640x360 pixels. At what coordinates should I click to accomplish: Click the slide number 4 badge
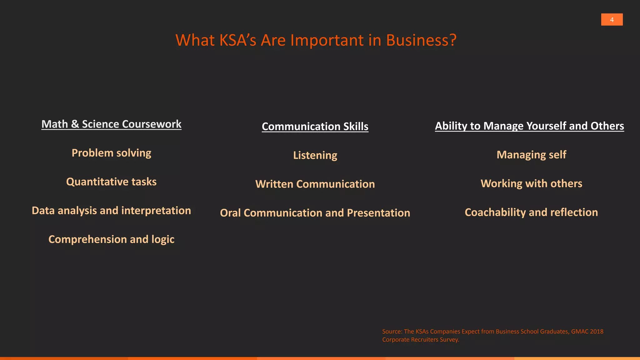[x=612, y=20]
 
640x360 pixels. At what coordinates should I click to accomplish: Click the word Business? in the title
[x=421, y=40]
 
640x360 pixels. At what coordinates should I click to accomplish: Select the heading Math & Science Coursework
[x=111, y=124]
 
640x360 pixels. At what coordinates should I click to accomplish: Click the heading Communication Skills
[x=315, y=126]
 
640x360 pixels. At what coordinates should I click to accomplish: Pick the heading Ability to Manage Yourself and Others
[x=529, y=126]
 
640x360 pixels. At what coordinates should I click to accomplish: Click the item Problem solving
[x=111, y=153]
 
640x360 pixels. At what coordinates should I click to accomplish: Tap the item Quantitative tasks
[x=111, y=182]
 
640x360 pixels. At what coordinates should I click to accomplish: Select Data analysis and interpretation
[x=111, y=210]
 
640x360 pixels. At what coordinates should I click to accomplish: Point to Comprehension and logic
[x=111, y=239]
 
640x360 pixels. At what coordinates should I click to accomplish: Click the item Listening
[x=315, y=155]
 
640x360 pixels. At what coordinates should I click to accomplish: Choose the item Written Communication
[x=315, y=184]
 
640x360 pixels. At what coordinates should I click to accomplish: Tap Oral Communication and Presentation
[x=315, y=213]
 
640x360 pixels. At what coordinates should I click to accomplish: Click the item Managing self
[x=531, y=155]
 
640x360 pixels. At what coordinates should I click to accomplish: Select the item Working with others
[x=531, y=183]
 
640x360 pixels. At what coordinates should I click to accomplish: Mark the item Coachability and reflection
[x=531, y=212]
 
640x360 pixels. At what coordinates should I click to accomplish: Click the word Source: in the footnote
[x=392, y=332]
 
